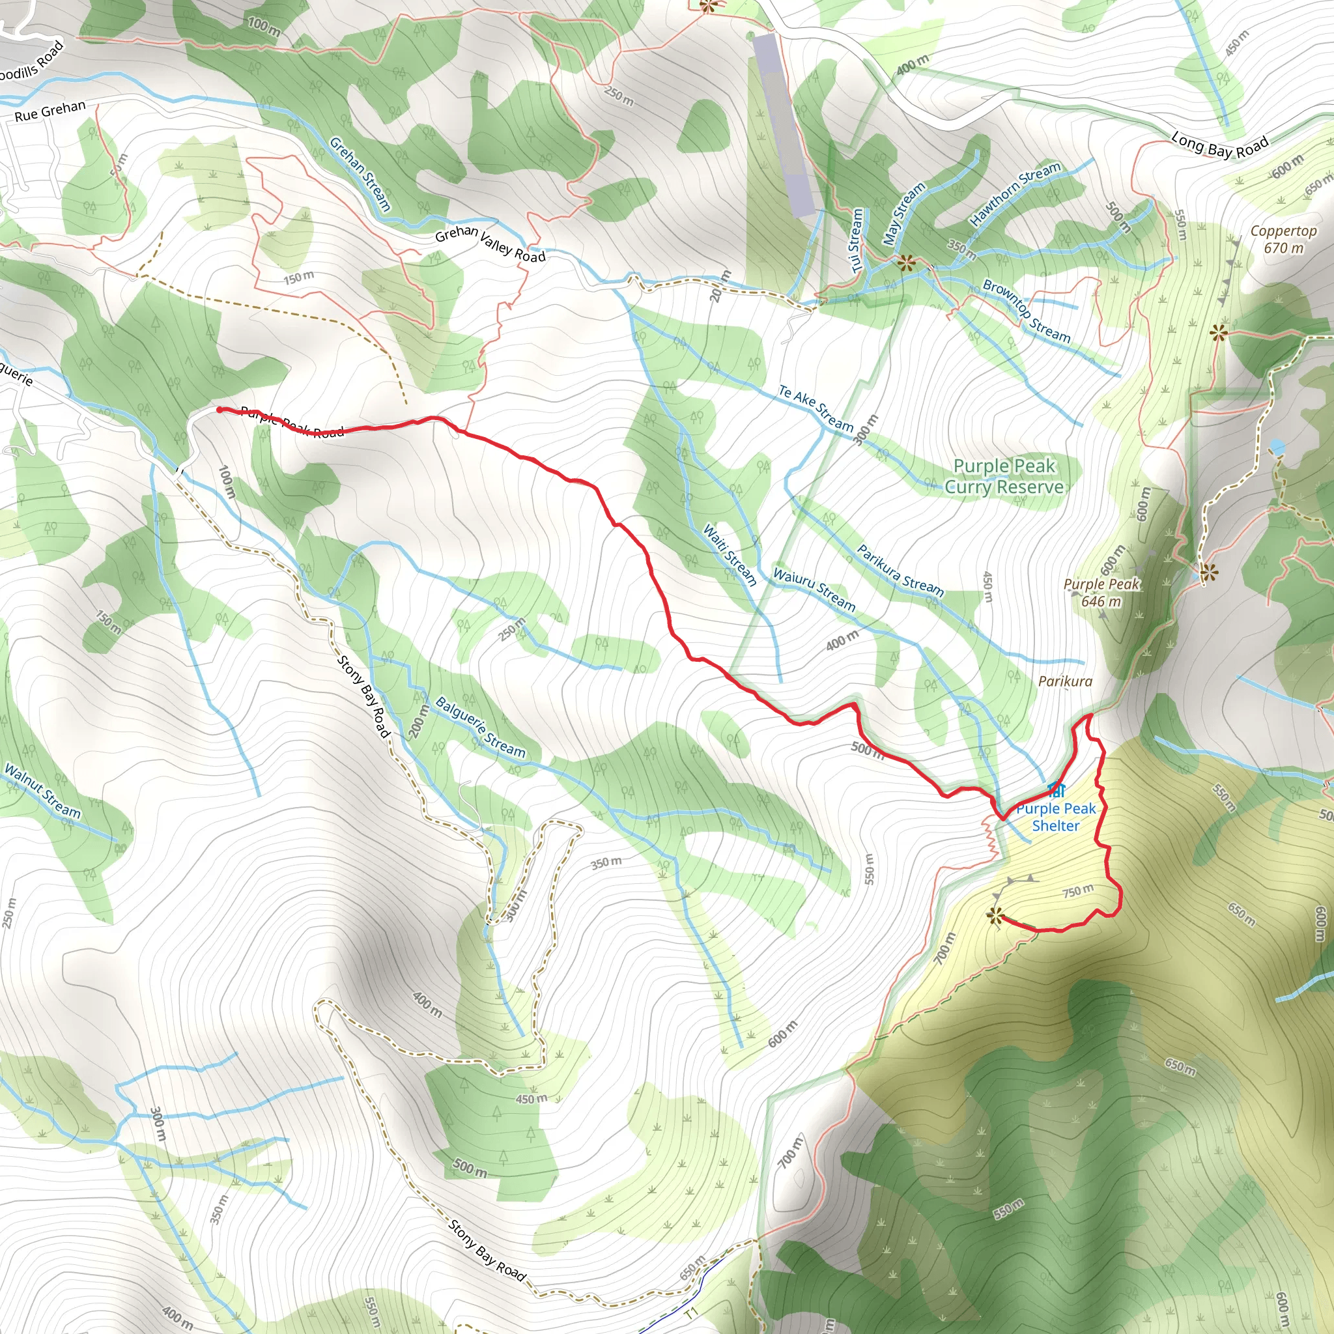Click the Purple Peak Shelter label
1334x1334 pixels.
[1055, 817]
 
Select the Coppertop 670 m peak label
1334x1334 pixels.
[1283, 239]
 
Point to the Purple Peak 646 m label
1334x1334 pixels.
[1101, 591]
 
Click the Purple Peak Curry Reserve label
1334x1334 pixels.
[1004, 476]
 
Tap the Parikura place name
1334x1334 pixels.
[1065, 681]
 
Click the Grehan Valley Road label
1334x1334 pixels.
[490, 244]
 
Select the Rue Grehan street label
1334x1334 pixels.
[50, 111]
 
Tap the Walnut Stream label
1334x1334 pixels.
[42, 791]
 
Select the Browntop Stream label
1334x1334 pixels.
[1026, 311]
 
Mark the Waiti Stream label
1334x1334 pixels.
[729, 554]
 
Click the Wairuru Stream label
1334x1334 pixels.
[814, 589]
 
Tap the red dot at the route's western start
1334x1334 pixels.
[220, 410]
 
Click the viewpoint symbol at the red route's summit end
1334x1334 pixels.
[995, 916]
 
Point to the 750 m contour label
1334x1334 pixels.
[1077, 890]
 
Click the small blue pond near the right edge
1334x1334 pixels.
[1277, 447]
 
